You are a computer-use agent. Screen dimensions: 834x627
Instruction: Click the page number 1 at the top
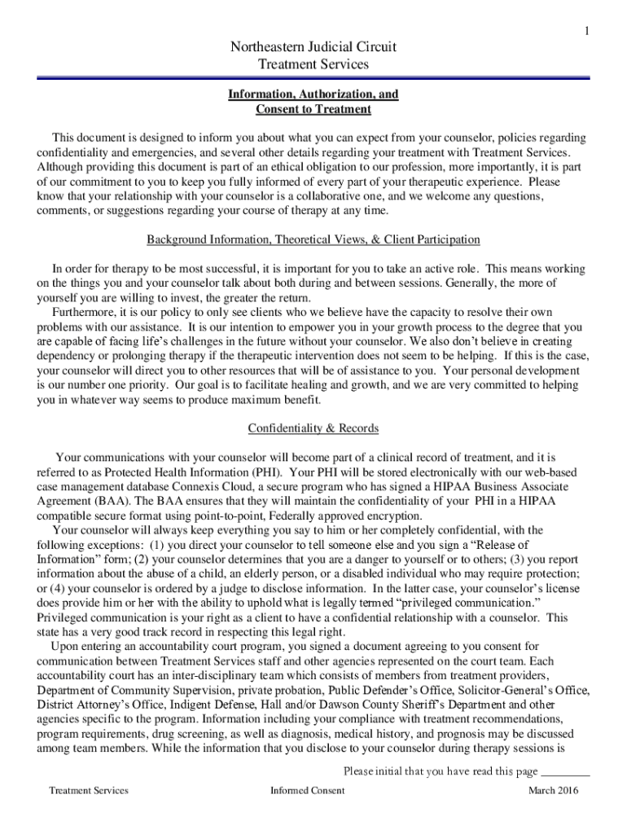(585, 31)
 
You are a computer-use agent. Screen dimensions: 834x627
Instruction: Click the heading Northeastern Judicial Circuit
(313, 46)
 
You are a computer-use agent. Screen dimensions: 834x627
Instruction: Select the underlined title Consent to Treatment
(313, 109)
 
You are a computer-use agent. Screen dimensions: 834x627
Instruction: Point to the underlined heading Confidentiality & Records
(313, 428)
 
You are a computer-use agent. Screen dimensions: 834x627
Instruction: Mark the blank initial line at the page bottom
(565, 771)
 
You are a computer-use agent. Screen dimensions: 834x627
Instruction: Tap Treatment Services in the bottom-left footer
(88, 790)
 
